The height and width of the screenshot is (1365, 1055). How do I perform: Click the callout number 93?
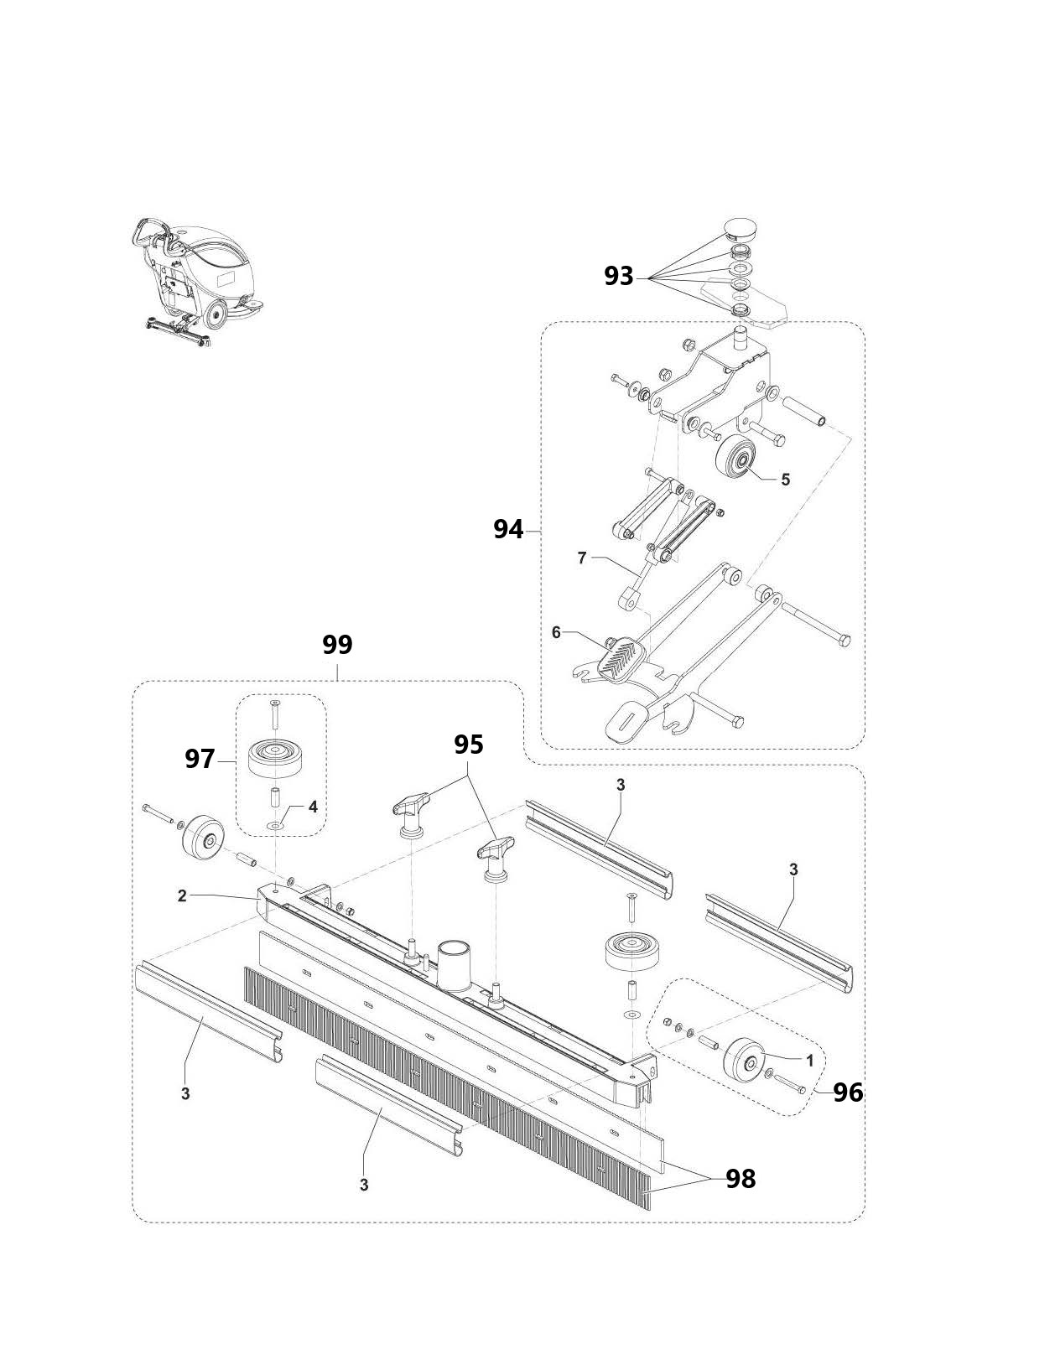(x=619, y=277)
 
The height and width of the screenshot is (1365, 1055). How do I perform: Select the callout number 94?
(x=508, y=530)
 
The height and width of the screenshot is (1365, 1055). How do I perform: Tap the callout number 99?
(x=337, y=645)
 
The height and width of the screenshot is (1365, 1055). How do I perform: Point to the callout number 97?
(x=200, y=760)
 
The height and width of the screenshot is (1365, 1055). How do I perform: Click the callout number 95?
(x=469, y=745)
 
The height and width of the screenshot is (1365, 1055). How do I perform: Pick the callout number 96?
(x=848, y=1093)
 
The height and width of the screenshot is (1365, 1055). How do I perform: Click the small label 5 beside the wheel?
(x=786, y=480)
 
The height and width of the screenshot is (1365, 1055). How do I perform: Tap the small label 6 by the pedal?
(x=556, y=632)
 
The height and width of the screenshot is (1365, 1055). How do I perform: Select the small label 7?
(x=582, y=558)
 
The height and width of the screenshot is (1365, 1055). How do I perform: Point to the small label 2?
(x=182, y=896)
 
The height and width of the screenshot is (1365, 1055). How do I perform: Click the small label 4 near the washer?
(x=313, y=807)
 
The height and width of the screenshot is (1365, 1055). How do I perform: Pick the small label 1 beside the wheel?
(x=810, y=1061)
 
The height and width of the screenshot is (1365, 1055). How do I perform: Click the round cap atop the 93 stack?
(x=741, y=229)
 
